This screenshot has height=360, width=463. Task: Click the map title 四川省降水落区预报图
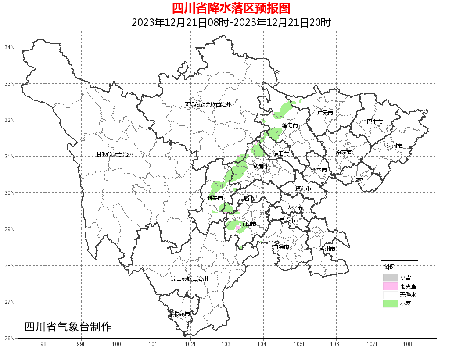tap(231, 8)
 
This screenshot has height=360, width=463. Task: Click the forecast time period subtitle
tap(231, 22)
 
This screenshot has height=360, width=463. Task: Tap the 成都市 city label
tap(262, 167)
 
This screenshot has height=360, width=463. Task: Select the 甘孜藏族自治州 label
tap(115, 155)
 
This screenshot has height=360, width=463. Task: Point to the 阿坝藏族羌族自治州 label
tap(208, 105)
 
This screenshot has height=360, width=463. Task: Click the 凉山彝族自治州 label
tap(189, 279)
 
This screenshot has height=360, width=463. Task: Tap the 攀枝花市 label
tap(179, 314)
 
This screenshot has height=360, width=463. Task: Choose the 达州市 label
tap(394, 146)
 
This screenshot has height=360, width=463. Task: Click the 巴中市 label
tap(374, 122)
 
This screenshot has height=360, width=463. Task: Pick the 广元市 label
tap(325, 113)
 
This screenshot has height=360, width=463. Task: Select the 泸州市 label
tap(327, 249)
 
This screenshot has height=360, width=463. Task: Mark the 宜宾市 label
tap(281, 247)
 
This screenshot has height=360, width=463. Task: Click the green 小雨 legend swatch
tap(390, 303)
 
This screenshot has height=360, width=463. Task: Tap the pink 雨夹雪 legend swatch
tap(390, 286)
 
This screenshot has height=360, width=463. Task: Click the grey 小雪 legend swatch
tap(390, 278)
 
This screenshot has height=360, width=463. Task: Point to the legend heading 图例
tap(389, 267)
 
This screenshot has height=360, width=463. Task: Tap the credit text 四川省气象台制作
tap(68, 327)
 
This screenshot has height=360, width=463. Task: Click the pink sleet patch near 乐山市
tap(238, 228)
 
